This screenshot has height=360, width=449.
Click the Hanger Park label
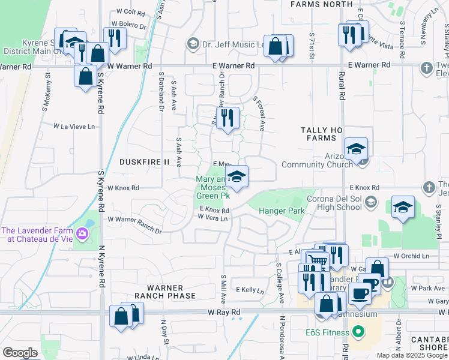pyautogui.click(x=282, y=211)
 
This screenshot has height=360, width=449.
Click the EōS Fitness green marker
pyautogui.click(x=358, y=331)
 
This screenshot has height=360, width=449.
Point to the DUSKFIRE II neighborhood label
pyautogui.click(x=145, y=162)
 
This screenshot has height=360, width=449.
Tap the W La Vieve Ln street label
pyautogui.click(x=74, y=127)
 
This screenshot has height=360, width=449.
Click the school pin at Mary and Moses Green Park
pyautogui.click(x=237, y=176)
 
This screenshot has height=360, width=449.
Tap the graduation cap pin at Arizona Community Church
pyautogui.click(x=356, y=148)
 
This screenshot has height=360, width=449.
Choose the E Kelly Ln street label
pyautogui.click(x=250, y=290)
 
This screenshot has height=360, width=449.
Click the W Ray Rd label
pyautogui.click(x=224, y=313)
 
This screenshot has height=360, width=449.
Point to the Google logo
pyautogui.click(x=20, y=353)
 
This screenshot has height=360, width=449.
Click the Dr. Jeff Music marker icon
pyautogui.click(x=192, y=43)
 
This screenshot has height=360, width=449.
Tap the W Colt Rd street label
pyautogui.click(x=131, y=11)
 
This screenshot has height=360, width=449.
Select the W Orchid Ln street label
pyautogui.click(x=411, y=256)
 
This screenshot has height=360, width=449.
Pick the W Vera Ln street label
pyautogui.click(x=213, y=218)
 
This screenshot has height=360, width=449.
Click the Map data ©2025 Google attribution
pyautogui.click(x=412, y=355)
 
